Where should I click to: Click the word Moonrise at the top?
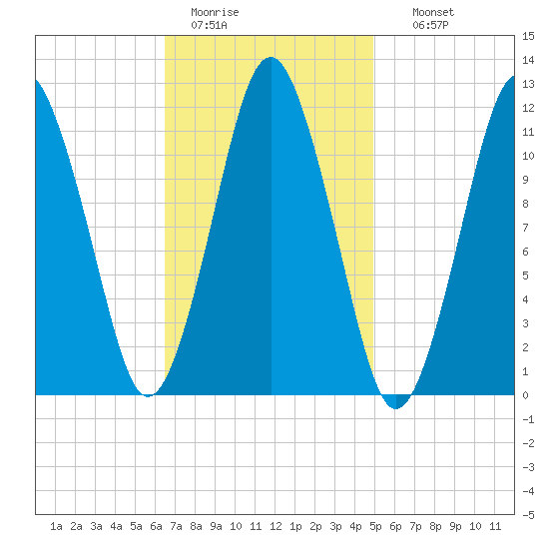tap(215, 12)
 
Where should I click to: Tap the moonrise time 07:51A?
tap(209, 25)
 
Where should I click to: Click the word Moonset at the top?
tap(433, 12)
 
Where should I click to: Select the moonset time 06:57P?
tap(430, 25)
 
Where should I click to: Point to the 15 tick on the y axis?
tap(528, 36)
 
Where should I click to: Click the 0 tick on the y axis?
tap(525, 395)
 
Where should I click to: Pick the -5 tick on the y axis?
tap(528, 515)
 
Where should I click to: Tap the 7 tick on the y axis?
tap(525, 228)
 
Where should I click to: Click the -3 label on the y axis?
tap(528, 467)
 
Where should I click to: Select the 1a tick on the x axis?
tap(56, 526)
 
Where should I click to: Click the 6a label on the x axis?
tap(156, 526)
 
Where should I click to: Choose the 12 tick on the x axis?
tap(275, 526)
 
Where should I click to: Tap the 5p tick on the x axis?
tap(375, 526)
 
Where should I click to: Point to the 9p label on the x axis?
tap(455, 526)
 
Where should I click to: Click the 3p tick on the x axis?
tap(335, 526)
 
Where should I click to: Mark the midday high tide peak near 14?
tap(271, 58)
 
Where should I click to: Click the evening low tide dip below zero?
tap(395, 408)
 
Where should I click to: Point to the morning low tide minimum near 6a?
tap(148, 396)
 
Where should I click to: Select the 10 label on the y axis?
tap(528, 156)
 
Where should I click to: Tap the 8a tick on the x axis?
tap(196, 526)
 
